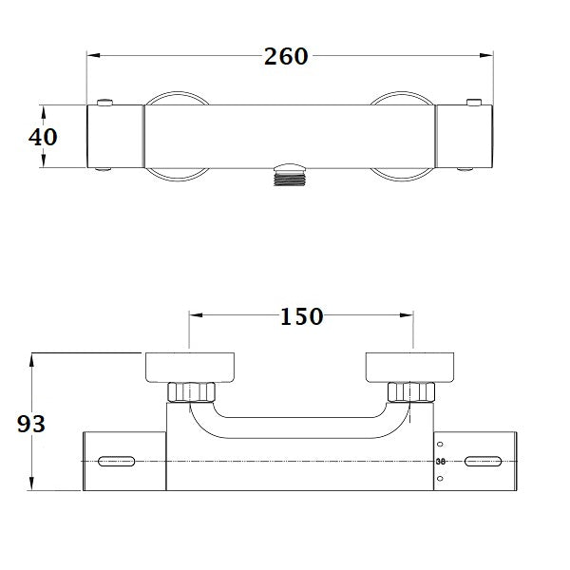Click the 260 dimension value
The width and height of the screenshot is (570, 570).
tap(286, 56)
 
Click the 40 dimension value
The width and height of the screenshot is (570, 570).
tap(43, 137)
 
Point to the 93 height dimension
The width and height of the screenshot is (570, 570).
tap(31, 424)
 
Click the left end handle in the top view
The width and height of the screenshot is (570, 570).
tap(116, 137)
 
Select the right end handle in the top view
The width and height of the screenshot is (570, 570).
tap(464, 137)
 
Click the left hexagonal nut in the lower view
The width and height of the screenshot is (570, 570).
tap(193, 392)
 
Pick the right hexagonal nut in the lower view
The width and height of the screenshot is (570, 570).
tap(411, 392)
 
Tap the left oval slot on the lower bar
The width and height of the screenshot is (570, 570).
tap(115, 462)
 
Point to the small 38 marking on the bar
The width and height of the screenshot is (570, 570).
tap(440, 462)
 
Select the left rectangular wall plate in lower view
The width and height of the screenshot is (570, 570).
tap(190, 366)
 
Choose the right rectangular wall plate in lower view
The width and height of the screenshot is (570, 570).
tap(413, 366)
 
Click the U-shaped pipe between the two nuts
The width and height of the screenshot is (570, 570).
tap(302, 428)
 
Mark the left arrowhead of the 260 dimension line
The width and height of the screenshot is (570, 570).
tap(92, 56)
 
